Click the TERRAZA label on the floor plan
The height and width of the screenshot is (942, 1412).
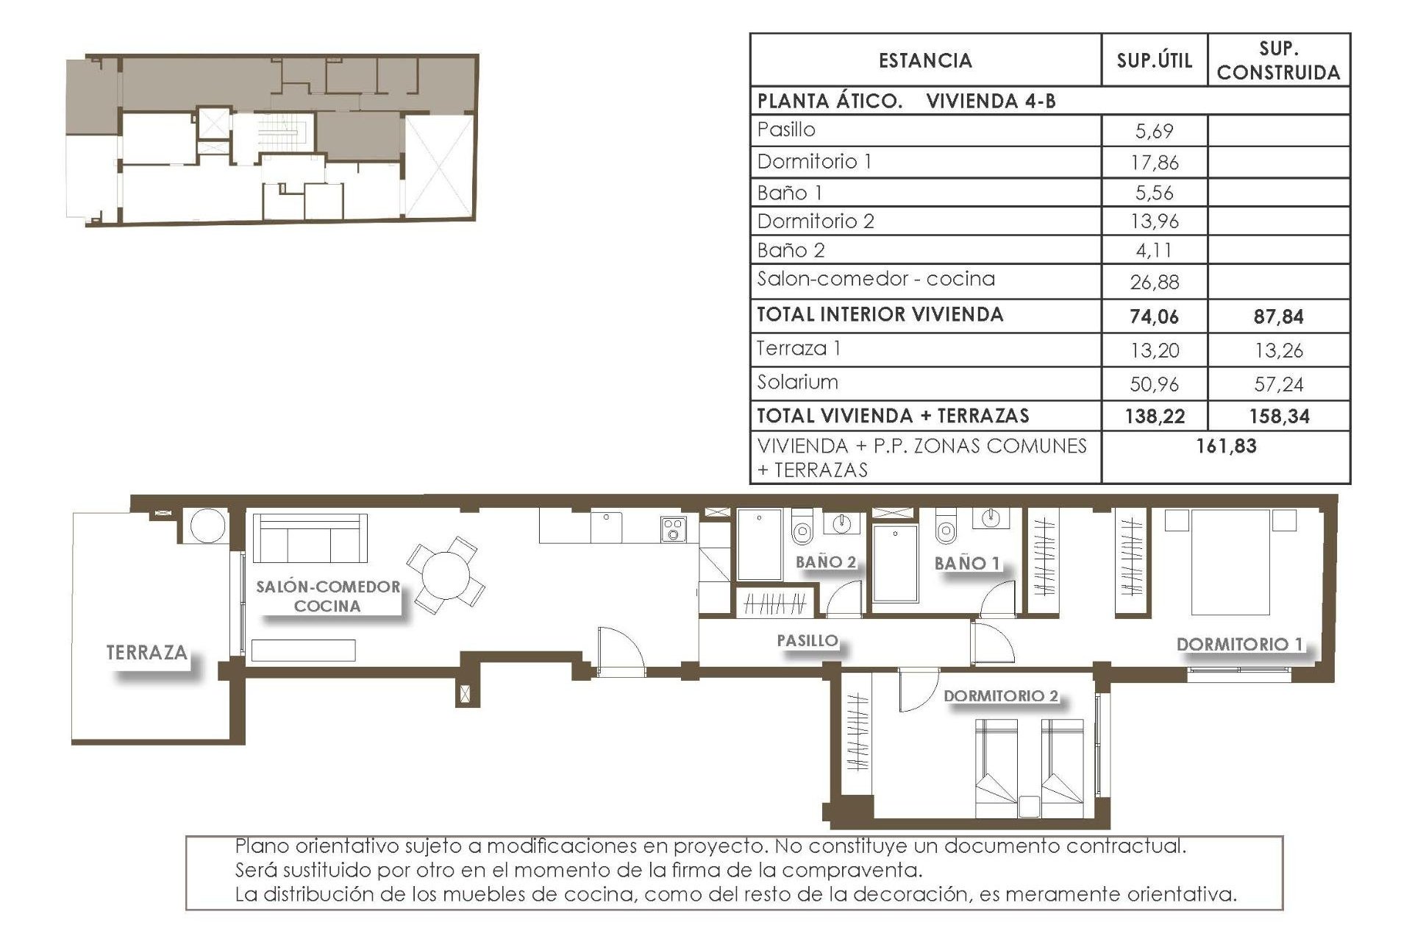[x=146, y=653]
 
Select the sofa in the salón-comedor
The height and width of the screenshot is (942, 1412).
[x=310, y=538]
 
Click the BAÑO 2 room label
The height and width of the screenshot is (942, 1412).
[x=826, y=562]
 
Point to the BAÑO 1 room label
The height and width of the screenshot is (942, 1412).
[x=967, y=564]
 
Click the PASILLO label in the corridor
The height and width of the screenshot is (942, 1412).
[x=807, y=641]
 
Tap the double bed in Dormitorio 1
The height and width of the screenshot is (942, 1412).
[x=1230, y=562]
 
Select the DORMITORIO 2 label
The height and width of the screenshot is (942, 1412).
[x=1001, y=696]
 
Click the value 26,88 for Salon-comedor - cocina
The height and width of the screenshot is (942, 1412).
[x=1154, y=282]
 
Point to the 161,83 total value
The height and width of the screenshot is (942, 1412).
[x=1226, y=446]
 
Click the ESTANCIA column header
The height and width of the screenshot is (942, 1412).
[x=925, y=60]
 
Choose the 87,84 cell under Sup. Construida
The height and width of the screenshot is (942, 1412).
[x=1278, y=317]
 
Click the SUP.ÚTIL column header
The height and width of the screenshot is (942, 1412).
[x=1154, y=60]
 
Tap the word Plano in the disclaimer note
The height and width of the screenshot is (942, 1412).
[x=261, y=846]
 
